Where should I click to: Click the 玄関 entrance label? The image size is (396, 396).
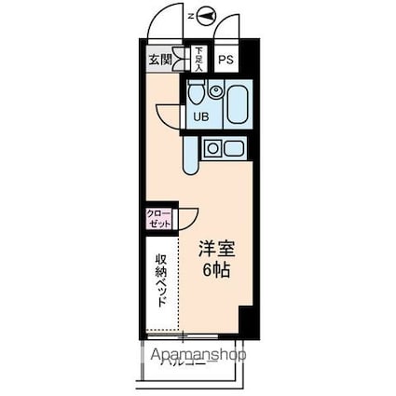(x=159, y=60)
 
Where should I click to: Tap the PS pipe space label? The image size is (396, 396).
(x=225, y=61)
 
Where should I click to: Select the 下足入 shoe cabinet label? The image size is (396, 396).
(x=198, y=59)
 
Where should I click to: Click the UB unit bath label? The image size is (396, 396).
(x=200, y=116)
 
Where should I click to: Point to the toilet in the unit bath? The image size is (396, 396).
(x=196, y=95)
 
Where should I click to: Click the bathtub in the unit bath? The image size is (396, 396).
(x=234, y=103)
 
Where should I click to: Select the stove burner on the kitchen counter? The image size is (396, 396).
(x=212, y=147)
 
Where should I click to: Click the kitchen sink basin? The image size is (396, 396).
(x=233, y=147)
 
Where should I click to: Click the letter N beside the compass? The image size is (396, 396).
(x=192, y=16)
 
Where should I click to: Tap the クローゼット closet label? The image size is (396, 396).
(x=157, y=220)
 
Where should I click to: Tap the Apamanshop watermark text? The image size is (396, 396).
(x=194, y=355)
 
